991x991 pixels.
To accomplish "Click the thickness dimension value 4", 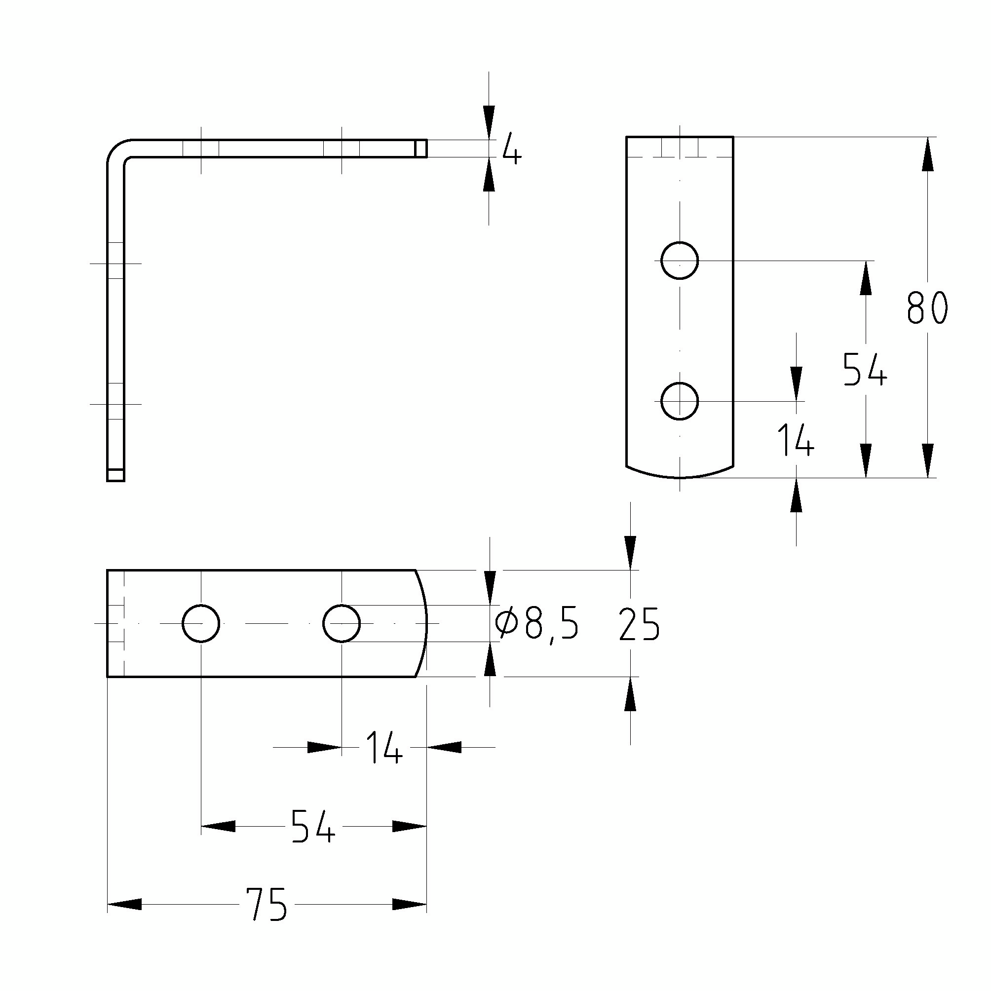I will (511, 149).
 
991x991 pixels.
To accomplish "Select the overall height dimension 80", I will (926, 308).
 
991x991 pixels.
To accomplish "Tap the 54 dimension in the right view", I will (865, 369).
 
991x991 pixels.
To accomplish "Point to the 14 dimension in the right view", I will (795, 440).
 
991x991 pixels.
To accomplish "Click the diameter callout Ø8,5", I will (537, 624).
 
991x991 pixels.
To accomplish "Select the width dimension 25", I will (639, 624).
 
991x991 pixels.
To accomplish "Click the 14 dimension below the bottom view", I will (383, 748).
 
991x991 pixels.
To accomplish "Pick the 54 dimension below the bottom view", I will (313, 826).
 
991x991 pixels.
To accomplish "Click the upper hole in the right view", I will (680, 261).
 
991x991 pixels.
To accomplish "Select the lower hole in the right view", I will (680, 401).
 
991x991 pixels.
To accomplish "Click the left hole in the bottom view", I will (201, 623).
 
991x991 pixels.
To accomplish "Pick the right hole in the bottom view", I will (342, 623).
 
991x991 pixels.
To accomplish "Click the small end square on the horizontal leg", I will (420, 148).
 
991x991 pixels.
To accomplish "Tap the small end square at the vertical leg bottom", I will (115, 474).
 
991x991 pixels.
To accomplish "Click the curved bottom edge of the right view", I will (680, 477).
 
